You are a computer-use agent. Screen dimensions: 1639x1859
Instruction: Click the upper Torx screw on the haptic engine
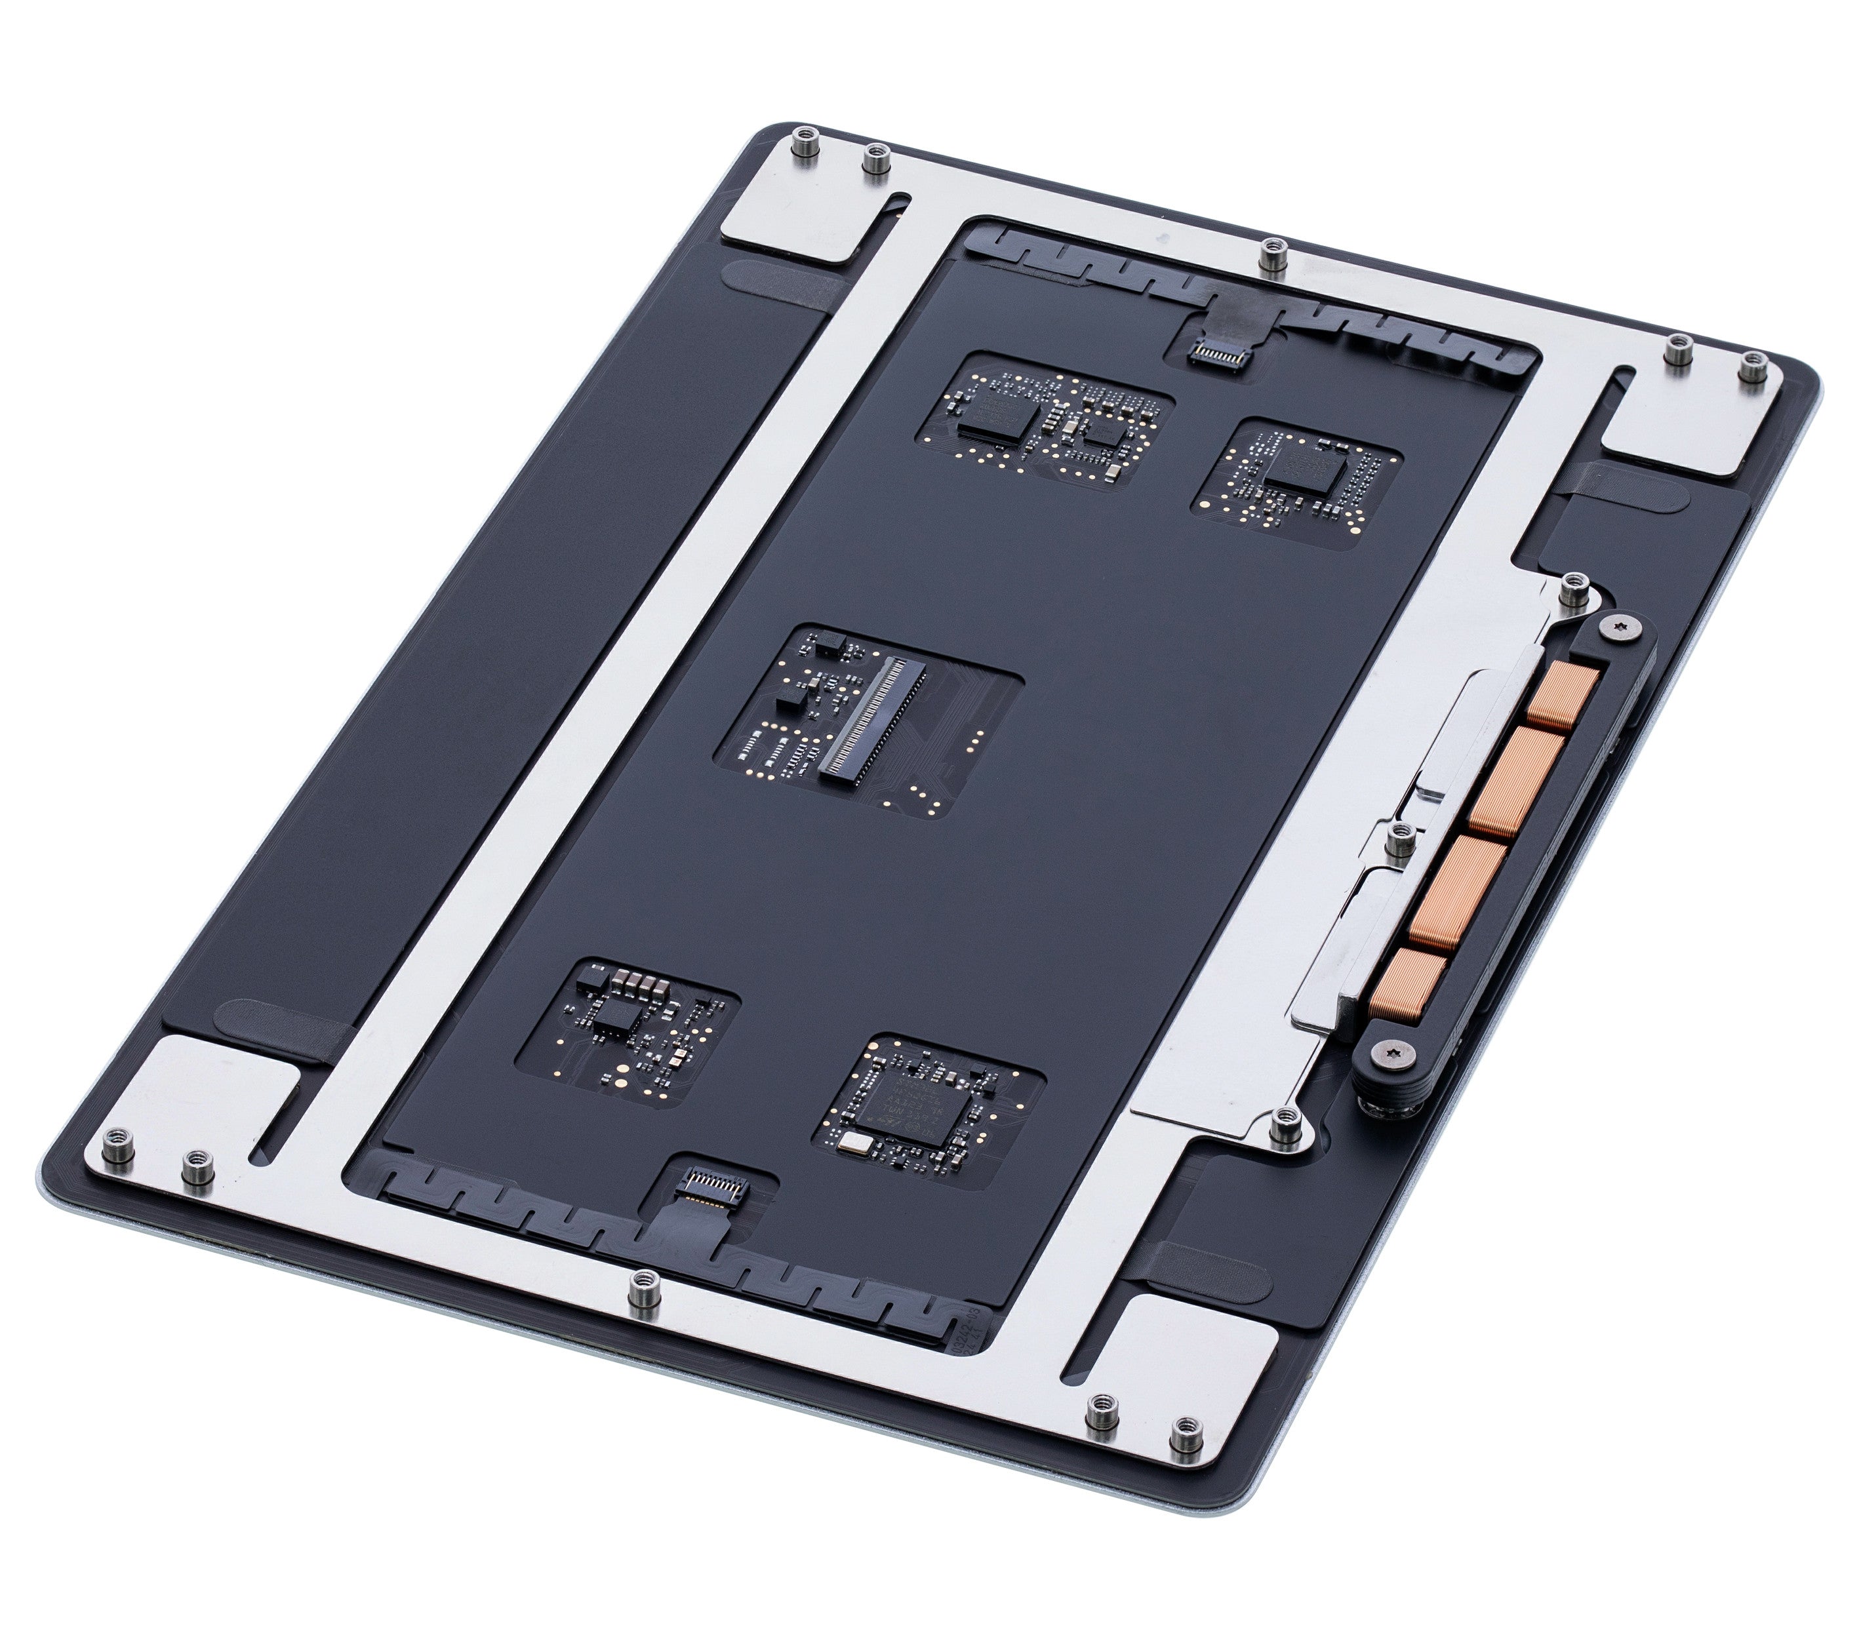pos(1620,627)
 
